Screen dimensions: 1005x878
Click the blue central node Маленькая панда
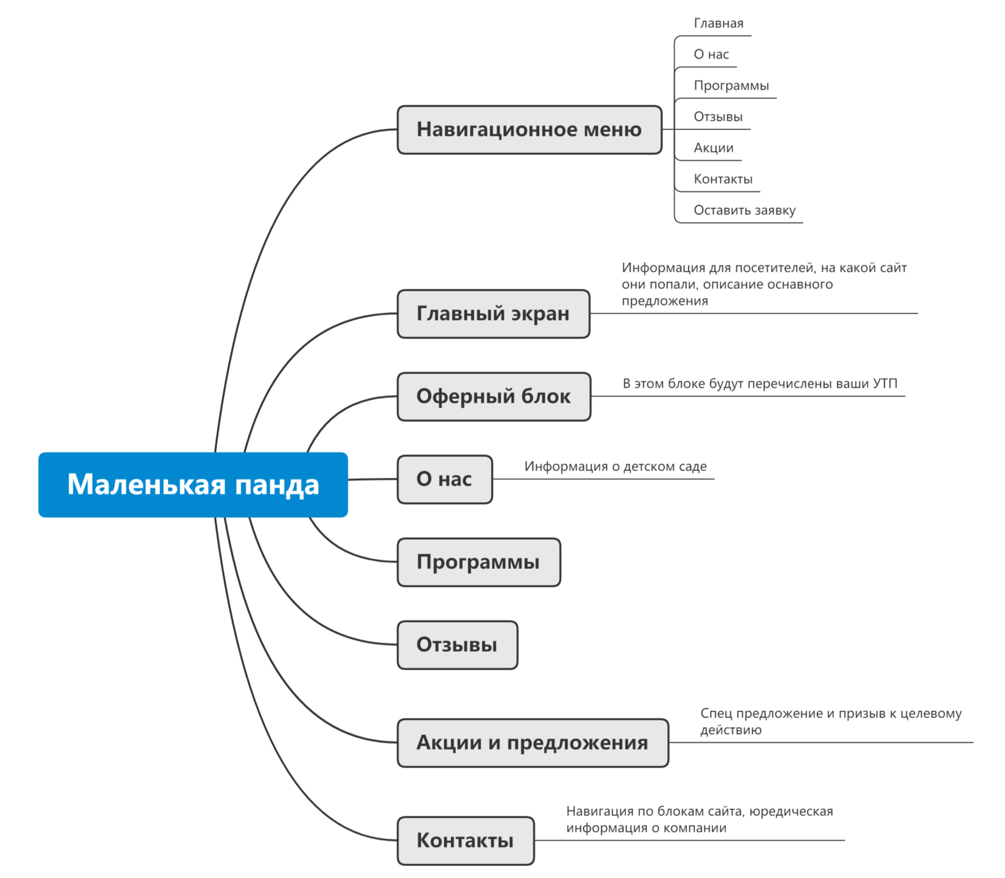(193, 484)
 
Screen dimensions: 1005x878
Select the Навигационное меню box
(529, 129)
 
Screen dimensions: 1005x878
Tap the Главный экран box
(493, 314)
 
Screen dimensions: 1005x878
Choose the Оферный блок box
(494, 396)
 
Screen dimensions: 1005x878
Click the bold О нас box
(445, 479)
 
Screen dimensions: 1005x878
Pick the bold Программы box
(479, 562)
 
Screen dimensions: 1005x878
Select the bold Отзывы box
(457, 645)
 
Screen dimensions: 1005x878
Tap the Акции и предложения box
(533, 743)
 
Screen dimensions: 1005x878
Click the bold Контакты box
(465, 840)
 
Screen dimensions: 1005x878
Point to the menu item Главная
(718, 23)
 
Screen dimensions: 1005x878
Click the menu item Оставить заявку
(744, 210)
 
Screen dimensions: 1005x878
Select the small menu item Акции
(714, 148)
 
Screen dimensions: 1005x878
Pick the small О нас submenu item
(711, 54)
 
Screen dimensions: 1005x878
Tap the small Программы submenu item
(731, 86)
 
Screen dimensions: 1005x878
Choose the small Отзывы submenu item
(718, 117)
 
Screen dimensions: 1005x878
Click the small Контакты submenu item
(723, 179)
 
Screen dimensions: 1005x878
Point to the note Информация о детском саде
(615, 467)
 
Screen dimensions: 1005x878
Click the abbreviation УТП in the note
(885, 383)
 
